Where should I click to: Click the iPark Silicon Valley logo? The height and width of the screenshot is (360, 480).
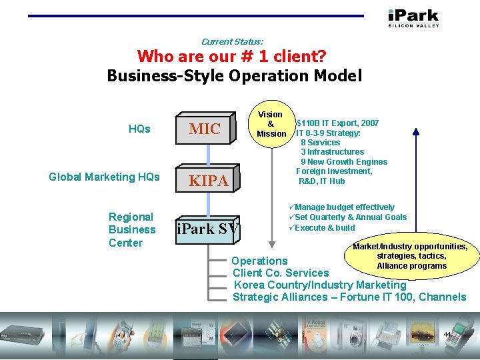tap(413, 17)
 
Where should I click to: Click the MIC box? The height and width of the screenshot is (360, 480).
tap(205, 129)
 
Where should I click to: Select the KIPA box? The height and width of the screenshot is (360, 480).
tap(208, 180)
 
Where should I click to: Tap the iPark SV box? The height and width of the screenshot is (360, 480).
tap(207, 229)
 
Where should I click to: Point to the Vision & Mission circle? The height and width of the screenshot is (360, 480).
tap(271, 124)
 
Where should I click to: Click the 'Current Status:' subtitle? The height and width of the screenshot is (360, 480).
tap(232, 41)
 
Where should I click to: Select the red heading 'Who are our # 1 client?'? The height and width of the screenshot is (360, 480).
tap(231, 56)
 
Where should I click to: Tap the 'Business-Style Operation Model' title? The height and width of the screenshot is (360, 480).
tap(234, 75)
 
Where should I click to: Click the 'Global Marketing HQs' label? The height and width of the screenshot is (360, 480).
tap(104, 177)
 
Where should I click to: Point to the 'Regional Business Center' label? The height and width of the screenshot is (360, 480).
tap(131, 229)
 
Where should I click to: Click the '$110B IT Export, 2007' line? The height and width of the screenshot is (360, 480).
tap(337, 123)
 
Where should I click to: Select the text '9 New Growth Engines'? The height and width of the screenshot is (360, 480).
tap(344, 162)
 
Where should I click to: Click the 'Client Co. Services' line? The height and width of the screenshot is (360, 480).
tap(281, 273)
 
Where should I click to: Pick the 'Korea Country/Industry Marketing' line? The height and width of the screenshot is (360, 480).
tap(319, 285)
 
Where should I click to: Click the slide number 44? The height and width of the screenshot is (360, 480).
tap(447, 334)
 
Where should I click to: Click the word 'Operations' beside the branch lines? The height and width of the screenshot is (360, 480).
tap(259, 261)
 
